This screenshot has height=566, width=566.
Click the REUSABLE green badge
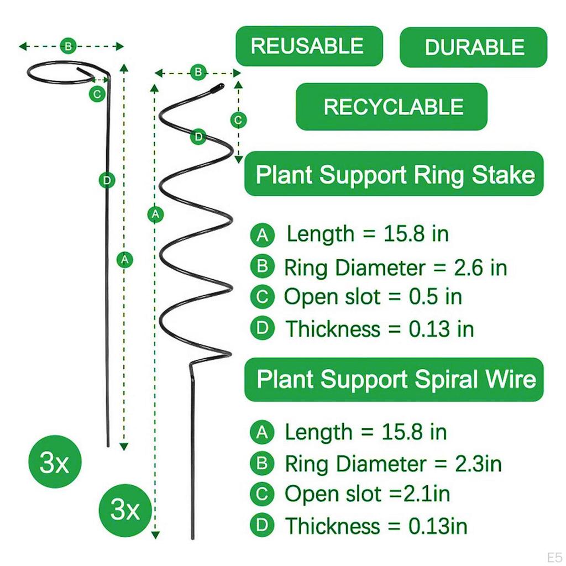pos(309,46)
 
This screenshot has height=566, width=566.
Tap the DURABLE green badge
pos(473,47)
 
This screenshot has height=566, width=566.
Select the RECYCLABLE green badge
pos(392,107)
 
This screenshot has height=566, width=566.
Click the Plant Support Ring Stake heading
pos(394,175)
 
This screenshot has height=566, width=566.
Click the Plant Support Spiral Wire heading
pos(394,380)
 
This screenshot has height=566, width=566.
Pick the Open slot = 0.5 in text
pos(373,297)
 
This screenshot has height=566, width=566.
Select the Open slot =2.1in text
pos(367,494)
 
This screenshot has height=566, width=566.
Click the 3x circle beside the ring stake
pos(54,463)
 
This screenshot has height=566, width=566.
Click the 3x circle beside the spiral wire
pos(125,509)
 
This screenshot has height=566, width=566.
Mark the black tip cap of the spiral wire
pos(218,87)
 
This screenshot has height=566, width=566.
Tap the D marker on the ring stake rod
pos(107,180)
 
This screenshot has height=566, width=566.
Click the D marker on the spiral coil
pos(198,137)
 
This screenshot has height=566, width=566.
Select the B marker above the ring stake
pos(68,46)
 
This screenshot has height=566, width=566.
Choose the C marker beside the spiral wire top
pos(238,119)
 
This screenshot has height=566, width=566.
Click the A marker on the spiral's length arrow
pos(156,213)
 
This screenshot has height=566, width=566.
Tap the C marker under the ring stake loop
pos(97,94)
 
